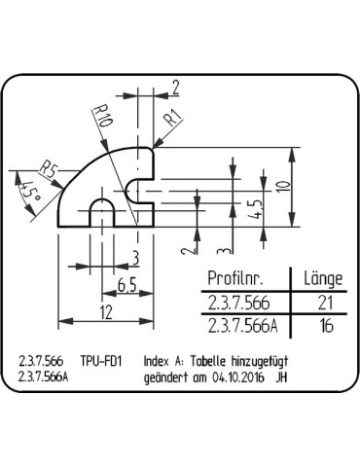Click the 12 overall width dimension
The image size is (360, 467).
point(107,311)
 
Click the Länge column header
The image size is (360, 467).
point(323,279)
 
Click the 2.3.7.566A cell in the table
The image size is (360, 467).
point(240,326)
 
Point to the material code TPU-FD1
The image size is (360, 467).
point(100,359)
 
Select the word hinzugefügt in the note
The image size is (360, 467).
point(262,359)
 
